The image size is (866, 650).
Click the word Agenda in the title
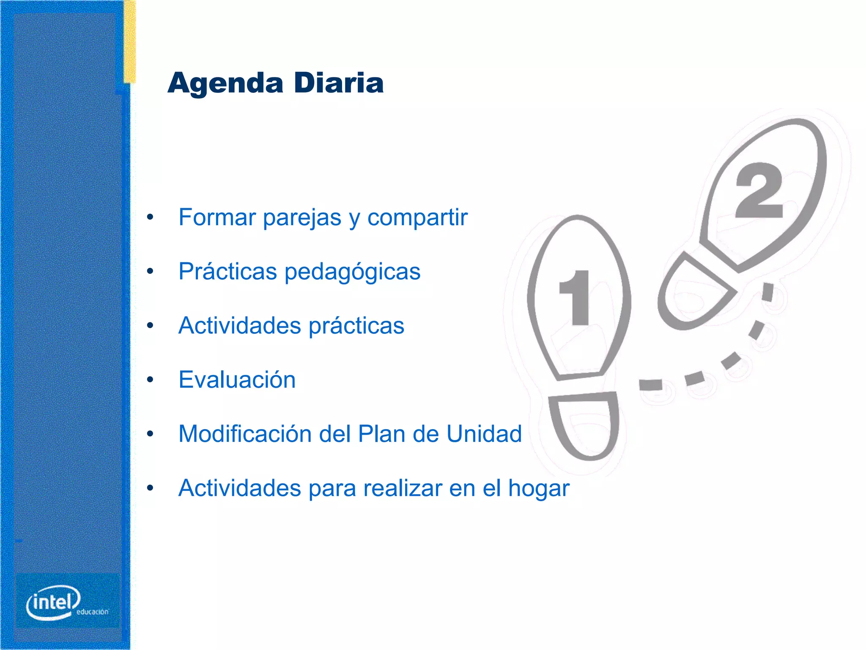pos(225,83)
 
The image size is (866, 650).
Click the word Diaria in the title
pos(339,83)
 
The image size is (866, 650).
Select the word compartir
pos(417,218)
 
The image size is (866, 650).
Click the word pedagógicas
pos(352,272)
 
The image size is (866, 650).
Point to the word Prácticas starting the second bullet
pos(227,271)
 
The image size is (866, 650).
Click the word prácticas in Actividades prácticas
pos(356,326)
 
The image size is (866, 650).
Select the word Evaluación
pos(237,380)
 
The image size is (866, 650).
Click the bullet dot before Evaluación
pos(150,380)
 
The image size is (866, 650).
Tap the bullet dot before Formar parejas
pos(150,218)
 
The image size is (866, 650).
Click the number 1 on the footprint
pos(575,298)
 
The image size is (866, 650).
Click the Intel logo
pos(54,602)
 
